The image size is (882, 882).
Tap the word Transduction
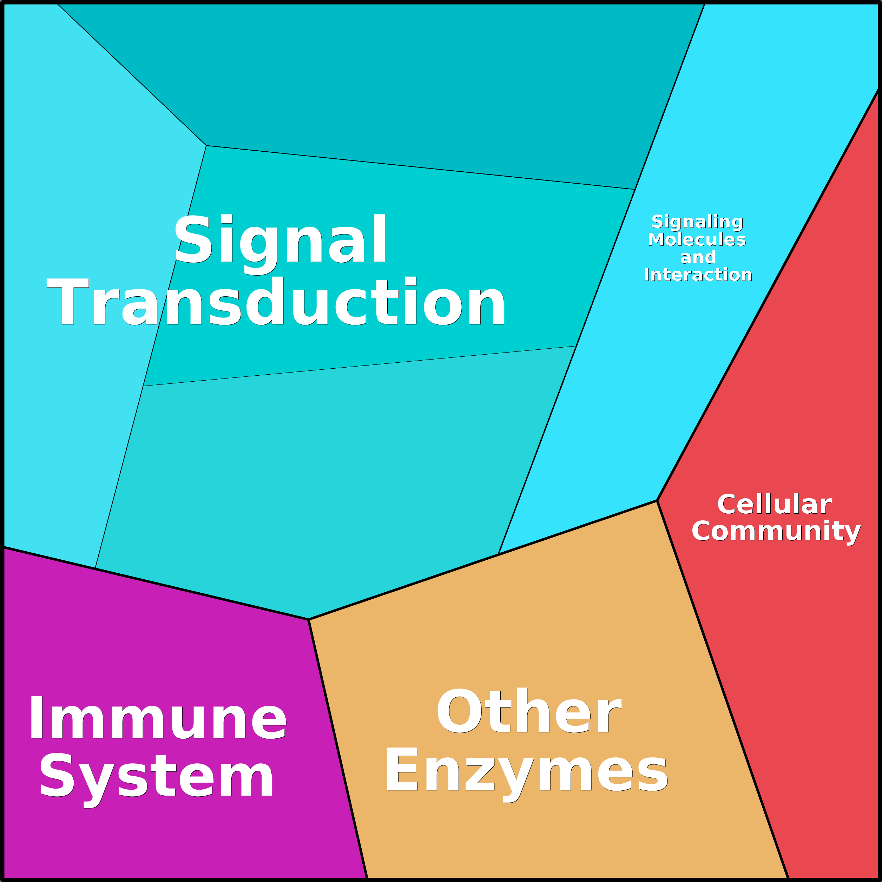tap(276, 302)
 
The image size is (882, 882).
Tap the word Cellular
tap(774, 505)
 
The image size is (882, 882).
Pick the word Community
tap(776, 531)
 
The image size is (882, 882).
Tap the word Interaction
tap(698, 275)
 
